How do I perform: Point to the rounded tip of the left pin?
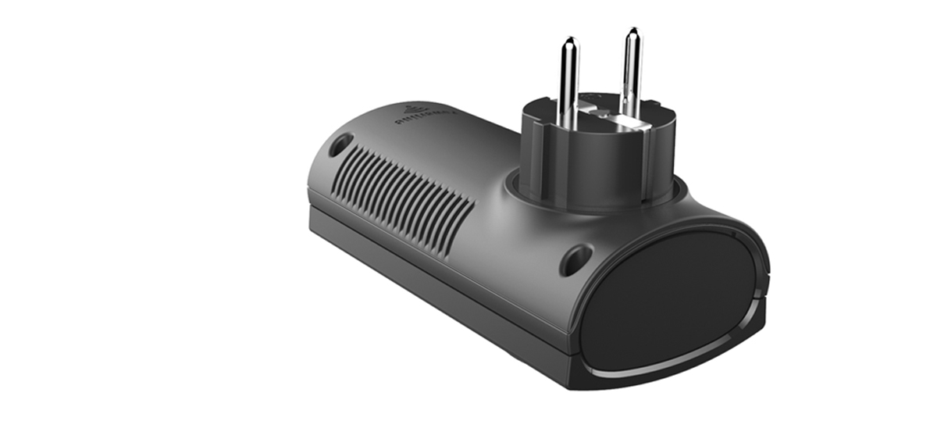pyautogui.click(x=570, y=41)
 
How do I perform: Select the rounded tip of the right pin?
pyautogui.click(x=632, y=32)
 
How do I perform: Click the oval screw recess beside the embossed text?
pyautogui.click(x=340, y=144)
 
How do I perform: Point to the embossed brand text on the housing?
pyautogui.click(x=426, y=118)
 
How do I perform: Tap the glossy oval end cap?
pyautogui.click(x=672, y=297)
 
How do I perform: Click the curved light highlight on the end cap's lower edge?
pyautogui.click(x=679, y=363)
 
